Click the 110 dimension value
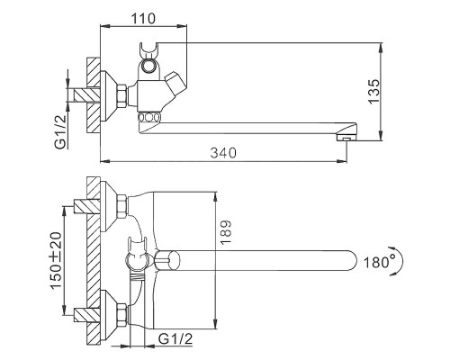139,16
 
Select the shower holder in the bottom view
135,253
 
